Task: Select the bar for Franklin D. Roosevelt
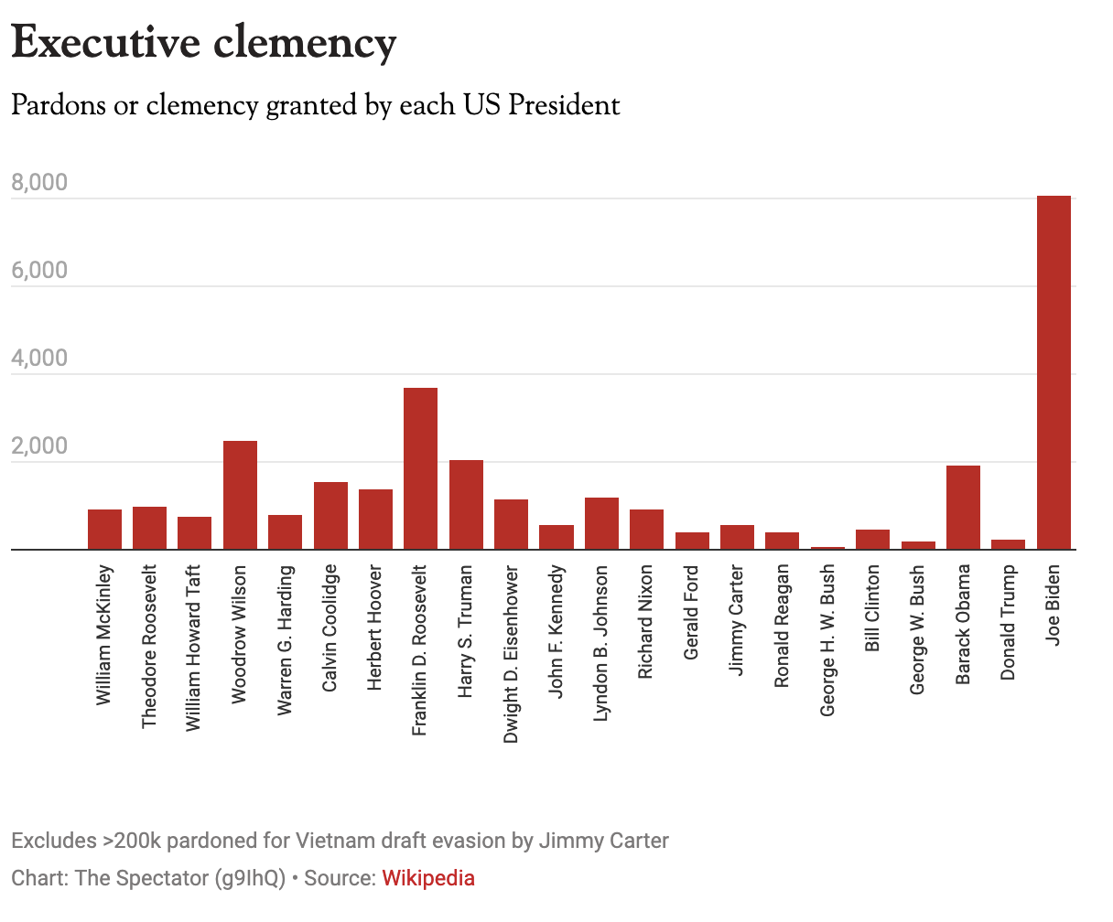420,468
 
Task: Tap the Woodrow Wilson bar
240,495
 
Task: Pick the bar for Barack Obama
963,508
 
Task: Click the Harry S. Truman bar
466,504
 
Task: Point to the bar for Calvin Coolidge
330,515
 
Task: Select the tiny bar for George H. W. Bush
827,548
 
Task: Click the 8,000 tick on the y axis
39,183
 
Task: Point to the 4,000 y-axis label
39,359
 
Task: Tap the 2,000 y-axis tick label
39,446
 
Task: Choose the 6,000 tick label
39,271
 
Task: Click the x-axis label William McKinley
104,635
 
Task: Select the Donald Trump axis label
1008,623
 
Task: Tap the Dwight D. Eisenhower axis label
511,654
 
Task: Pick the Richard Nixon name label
646,622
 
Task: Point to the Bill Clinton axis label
872,607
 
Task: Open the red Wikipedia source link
428,879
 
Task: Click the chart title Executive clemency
204,42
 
